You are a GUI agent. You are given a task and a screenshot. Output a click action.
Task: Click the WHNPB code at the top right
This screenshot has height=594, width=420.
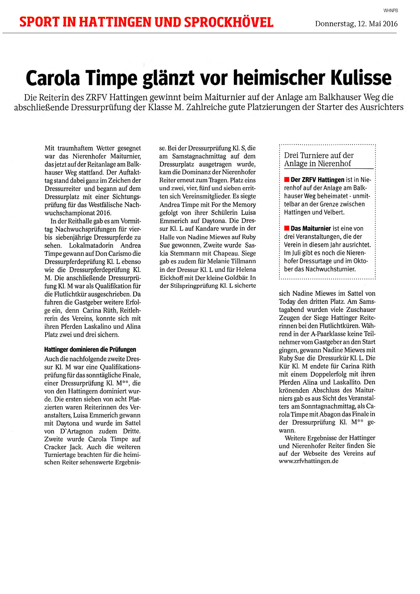(x=391, y=11)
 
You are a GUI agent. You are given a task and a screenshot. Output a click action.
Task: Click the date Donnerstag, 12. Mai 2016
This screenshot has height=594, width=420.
(x=356, y=24)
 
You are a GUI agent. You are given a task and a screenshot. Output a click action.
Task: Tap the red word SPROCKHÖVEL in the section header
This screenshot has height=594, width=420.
(x=229, y=22)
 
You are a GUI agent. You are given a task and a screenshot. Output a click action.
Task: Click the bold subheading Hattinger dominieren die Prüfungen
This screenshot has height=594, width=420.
(x=90, y=349)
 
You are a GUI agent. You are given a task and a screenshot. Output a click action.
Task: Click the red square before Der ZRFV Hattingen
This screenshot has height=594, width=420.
(x=287, y=180)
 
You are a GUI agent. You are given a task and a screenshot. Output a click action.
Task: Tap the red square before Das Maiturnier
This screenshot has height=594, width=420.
(x=287, y=229)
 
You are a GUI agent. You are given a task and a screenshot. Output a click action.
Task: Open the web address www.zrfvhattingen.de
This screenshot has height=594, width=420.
(x=308, y=461)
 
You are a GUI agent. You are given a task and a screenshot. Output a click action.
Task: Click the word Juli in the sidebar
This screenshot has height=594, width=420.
(x=295, y=253)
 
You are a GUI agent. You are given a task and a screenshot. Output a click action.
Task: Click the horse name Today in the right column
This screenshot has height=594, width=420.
(x=288, y=302)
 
